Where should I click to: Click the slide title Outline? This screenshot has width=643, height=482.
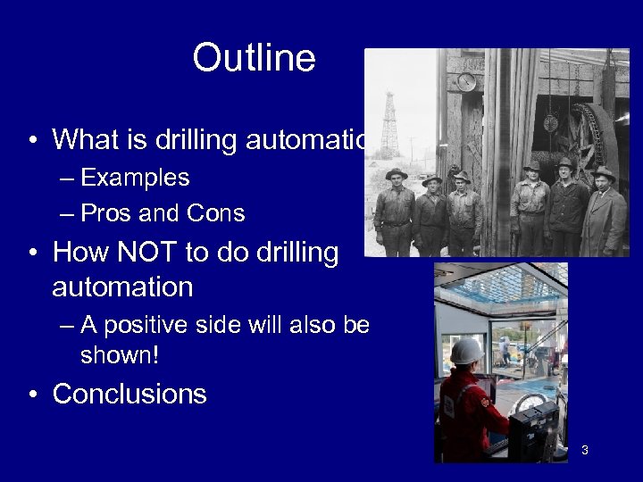pyautogui.click(x=254, y=59)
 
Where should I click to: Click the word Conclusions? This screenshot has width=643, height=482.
pyautogui.click(x=130, y=394)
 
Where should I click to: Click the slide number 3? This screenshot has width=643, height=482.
pyautogui.click(x=584, y=450)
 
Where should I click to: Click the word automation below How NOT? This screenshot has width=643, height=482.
pyautogui.click(x=122, y=287)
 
